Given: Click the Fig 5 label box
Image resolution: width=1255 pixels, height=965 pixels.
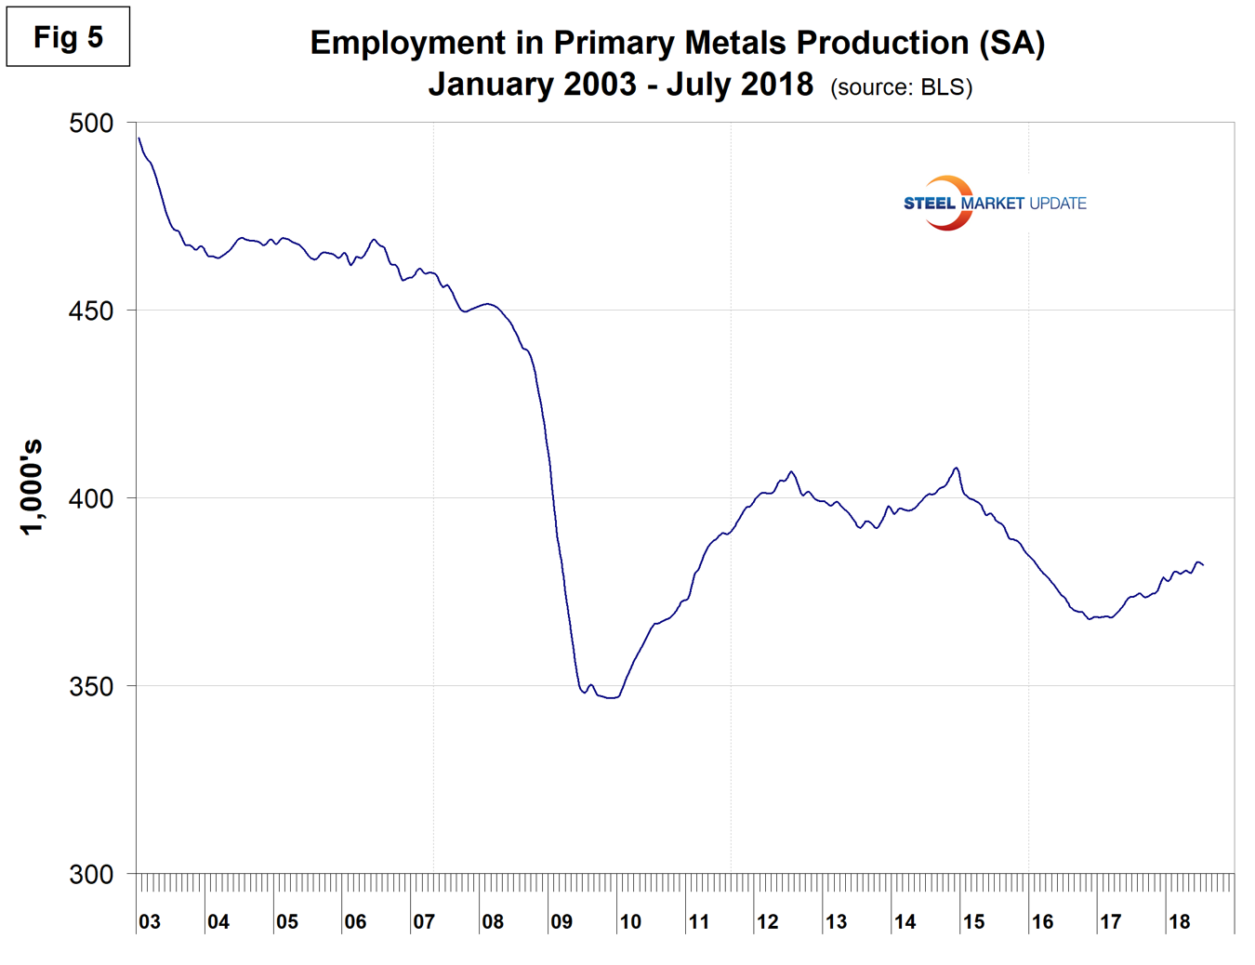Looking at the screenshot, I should (x=68, y=37).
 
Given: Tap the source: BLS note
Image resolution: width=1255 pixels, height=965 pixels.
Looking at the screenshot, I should (x=901, y=87).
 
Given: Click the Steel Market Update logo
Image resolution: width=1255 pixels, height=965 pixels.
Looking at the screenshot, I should (x=994, y=203).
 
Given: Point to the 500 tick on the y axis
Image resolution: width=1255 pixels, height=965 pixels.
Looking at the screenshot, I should (x=91, y=123).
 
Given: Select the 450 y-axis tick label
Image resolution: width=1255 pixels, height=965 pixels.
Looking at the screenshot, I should (x=91, y=311).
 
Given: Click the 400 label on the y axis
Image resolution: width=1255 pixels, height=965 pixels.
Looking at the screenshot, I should (x=91, y=498).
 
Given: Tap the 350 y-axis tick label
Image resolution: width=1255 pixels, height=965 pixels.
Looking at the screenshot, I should (x=91, y=686).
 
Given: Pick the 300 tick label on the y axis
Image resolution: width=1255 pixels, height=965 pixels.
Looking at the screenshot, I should (x=91, y=874).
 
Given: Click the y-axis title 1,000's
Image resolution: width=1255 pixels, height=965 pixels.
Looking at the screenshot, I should (x=33, y=486).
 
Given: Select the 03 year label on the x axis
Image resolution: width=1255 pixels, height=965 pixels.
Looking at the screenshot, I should (x=150, y=921).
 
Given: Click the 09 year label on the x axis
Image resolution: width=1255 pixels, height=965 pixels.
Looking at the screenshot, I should (x=561, y=921).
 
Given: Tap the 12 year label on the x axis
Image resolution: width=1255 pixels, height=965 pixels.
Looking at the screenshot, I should (x=767, y=921).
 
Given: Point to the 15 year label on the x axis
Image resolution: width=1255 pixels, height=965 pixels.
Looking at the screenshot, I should (x=973, y=921).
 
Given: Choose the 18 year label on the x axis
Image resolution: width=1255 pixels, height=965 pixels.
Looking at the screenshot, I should (x=1179, y=921).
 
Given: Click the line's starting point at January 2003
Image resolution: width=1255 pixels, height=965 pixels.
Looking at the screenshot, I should (x=139, y=138).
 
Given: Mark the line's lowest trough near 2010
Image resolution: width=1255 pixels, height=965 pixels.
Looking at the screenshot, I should (x=611, y=697).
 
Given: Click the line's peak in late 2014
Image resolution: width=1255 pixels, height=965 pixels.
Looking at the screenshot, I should (x=956, y=468).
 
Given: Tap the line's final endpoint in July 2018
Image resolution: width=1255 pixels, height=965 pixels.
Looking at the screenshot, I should (x=1203, y=565).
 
